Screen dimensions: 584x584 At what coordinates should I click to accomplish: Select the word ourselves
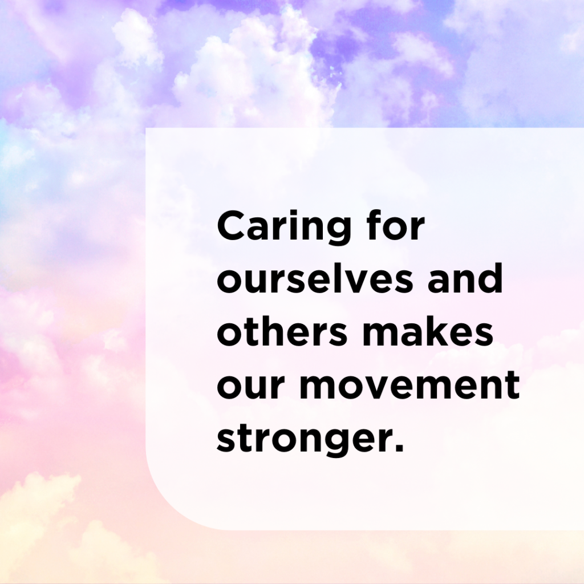coord(315,278)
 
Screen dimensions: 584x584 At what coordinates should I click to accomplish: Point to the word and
coord(465,278)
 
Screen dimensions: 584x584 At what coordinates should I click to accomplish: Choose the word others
coord(282,331)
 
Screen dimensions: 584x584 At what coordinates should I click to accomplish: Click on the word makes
coord(428,331)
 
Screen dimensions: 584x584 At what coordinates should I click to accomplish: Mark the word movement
coord(409,384)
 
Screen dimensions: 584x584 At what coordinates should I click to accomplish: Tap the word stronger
coord(305,439)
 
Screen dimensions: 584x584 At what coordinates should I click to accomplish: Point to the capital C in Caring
coord(232,225)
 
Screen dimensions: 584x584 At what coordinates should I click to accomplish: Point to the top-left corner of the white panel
coord(146,128)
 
